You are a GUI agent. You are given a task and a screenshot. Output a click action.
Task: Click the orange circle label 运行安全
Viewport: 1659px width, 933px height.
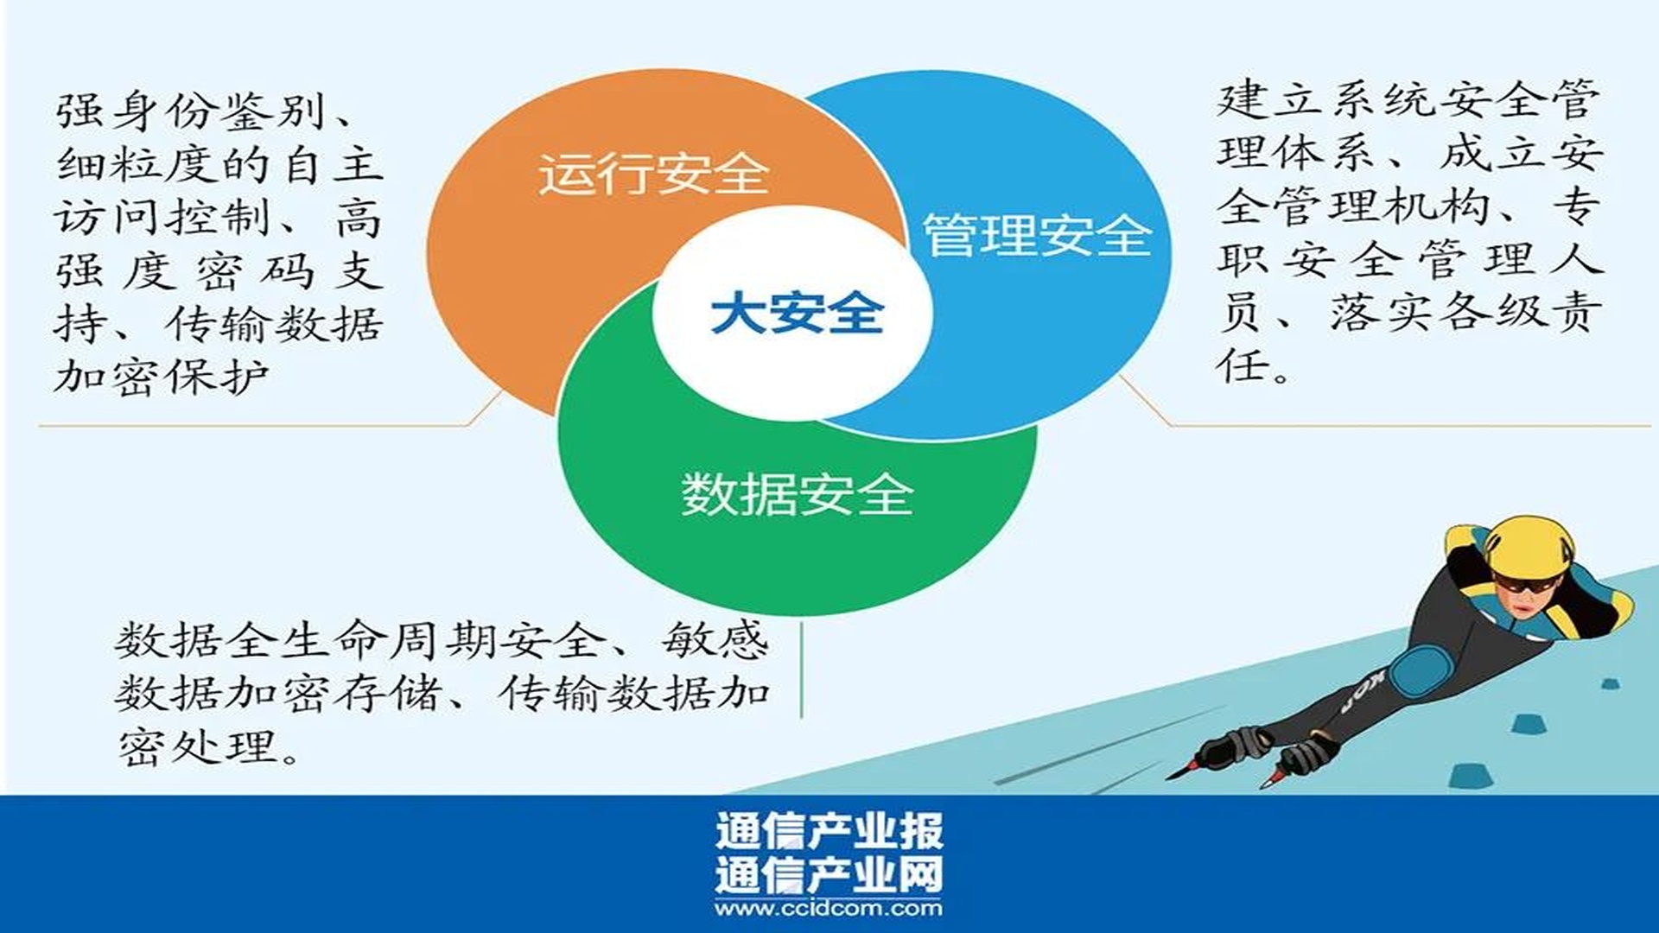coord(654,174)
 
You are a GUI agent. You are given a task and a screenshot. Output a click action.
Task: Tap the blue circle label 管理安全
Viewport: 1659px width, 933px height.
coord(1038,234)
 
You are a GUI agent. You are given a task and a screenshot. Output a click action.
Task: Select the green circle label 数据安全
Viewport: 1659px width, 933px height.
coord(798,495)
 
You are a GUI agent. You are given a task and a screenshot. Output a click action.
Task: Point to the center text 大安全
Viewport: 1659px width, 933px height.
coord(797,313)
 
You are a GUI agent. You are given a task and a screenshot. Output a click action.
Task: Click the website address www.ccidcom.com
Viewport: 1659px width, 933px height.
coord(829,908)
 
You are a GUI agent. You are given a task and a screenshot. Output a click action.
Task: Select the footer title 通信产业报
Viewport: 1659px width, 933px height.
coord(829,831)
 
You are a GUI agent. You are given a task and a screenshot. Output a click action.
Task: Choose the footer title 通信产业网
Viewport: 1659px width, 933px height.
coord(829,874)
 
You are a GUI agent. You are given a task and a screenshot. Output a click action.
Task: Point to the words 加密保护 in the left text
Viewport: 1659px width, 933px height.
coord(162,377)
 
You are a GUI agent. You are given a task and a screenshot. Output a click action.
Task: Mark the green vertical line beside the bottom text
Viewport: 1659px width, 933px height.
coord(801,670)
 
